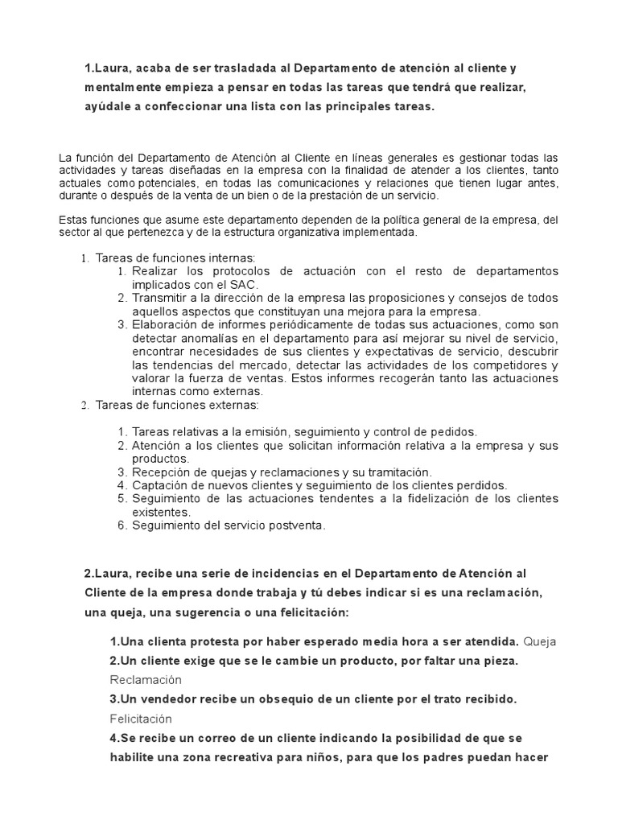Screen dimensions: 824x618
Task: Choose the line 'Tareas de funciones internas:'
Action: (174, 258)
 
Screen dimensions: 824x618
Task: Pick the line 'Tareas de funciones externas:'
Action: (177, 405)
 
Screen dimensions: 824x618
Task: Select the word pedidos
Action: (452, 432)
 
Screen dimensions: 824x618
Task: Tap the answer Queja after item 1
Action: (539, 642)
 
